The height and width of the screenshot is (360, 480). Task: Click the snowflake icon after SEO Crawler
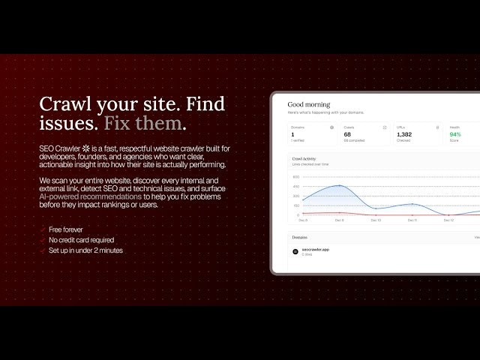click(x=86, y=148)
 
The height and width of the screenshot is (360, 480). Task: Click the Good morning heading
click(x=308, y=104)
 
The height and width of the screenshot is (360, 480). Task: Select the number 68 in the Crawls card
click(x=346, y=135)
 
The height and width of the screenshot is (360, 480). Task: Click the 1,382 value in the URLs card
click(x=405, y=135)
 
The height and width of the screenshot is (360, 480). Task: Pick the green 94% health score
click(x=455, y=135)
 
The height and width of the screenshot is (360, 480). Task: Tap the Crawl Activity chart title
click(x=304, y=159)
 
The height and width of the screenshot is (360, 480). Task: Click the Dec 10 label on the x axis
click(x=376, y=220)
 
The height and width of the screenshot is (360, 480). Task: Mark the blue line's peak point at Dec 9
click(x=340, y=186)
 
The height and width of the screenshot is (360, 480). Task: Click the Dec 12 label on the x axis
click(x=448, y=220)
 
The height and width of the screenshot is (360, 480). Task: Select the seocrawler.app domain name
click(x=315, y=249)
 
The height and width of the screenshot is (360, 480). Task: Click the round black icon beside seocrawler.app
click(x=295, y=251)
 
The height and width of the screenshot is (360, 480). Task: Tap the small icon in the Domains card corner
click(x=331, y=127)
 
